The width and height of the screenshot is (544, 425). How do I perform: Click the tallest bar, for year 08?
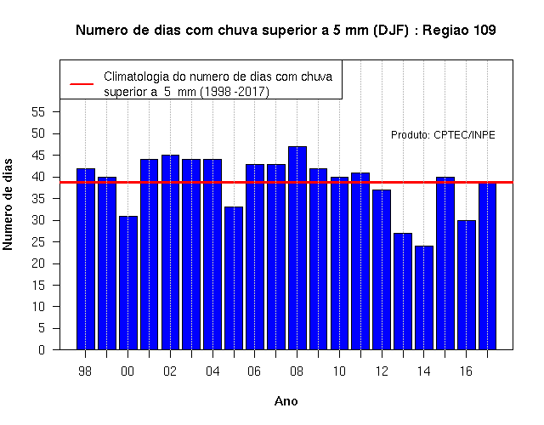coord(297,248)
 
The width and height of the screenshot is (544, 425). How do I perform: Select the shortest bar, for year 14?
coord(424,297)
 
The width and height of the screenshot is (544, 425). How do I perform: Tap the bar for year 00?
coord(128,283)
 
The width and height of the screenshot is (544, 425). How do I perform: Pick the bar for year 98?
coord(86,258)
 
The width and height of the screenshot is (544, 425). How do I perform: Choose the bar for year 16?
coord(467,285)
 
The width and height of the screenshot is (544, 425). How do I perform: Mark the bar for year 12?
coord(382,269)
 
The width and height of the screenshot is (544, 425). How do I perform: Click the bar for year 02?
coord(170,252)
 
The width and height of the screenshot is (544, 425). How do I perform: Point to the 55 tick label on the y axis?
coord(38,112)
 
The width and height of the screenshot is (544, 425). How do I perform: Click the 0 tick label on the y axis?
coord(42,349)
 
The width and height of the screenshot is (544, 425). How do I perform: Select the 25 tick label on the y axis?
coord(38,241)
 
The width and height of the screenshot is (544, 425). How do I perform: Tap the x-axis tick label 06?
coord(254,371)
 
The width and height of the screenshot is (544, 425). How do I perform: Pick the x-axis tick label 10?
coord(339,371)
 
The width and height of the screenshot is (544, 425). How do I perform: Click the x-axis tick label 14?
coord(423,371)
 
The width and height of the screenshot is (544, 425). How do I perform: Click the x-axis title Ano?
coord(286,401)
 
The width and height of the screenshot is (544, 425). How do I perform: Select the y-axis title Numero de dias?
coord(8,205)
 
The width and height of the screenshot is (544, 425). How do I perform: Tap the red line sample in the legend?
coord(82,84)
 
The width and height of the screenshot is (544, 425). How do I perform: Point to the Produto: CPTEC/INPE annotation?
coord(443,134)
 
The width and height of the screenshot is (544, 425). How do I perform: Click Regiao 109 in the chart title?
coord(459,31)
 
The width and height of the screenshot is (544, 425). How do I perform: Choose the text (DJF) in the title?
coord(391,31)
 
